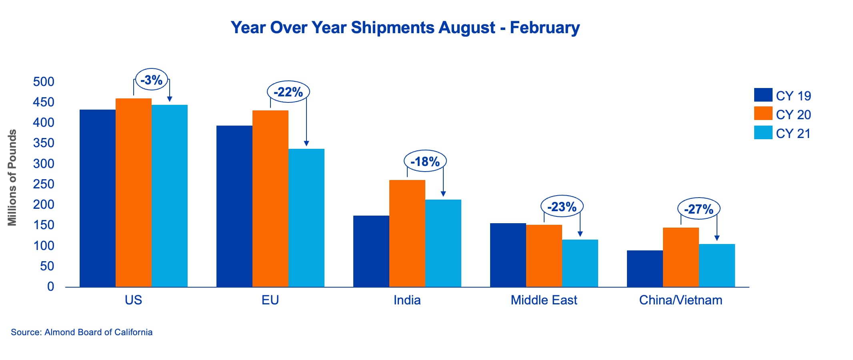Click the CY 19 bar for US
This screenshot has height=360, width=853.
pos(98,198)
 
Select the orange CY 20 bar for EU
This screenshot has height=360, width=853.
pos(270,199)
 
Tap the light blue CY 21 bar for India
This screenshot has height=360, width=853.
pos(443,243)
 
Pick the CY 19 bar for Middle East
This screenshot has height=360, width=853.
pos(508,255)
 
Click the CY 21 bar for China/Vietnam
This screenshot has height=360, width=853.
pos(717,266)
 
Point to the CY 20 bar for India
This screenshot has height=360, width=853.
pos(407,234)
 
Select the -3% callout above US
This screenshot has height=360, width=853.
pos(152,80)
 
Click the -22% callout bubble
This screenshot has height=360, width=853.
pos(288,92)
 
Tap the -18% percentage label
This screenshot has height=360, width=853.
pos(425,162)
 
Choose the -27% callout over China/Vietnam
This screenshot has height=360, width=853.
pos(699,209)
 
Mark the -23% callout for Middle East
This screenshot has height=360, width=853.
pos(562,207)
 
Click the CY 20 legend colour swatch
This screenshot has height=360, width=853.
pos(763,114)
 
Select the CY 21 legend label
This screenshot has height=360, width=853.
pos(793,134)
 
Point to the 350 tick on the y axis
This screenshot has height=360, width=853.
pos(44,143)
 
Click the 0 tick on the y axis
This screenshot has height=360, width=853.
pos(50,286)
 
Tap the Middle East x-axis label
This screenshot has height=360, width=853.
pos(544,300)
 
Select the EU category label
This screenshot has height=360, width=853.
pos(270,300)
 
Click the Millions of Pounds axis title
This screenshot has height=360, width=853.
pos(12,178)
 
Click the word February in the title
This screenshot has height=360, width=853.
pos(545,28)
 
